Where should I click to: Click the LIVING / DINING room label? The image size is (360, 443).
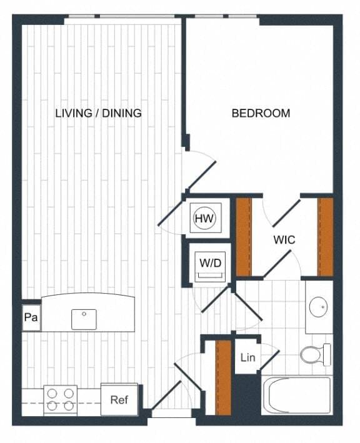(x=98, y=113)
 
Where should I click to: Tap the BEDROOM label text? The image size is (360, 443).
(x=261, y=113)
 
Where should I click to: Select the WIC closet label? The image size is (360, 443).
(x=284, y=239)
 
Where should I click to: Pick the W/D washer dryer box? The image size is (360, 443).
(x=210, y=263)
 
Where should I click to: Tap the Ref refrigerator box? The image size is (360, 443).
(x=119, y=399)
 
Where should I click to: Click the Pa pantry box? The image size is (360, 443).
(x=31, y=318)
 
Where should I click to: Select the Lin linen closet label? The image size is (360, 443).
(x=247, y=358)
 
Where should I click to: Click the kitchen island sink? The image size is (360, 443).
(x=84, y=319)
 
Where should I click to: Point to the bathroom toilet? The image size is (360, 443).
(x=316, y=355)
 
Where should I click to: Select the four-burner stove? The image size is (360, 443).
(x=60, y=400)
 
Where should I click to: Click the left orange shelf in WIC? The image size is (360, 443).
(x=243, y=237)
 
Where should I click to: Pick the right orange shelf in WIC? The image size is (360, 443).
(x=325, y=237)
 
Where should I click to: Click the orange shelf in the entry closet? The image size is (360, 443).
(x=222, y=377)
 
